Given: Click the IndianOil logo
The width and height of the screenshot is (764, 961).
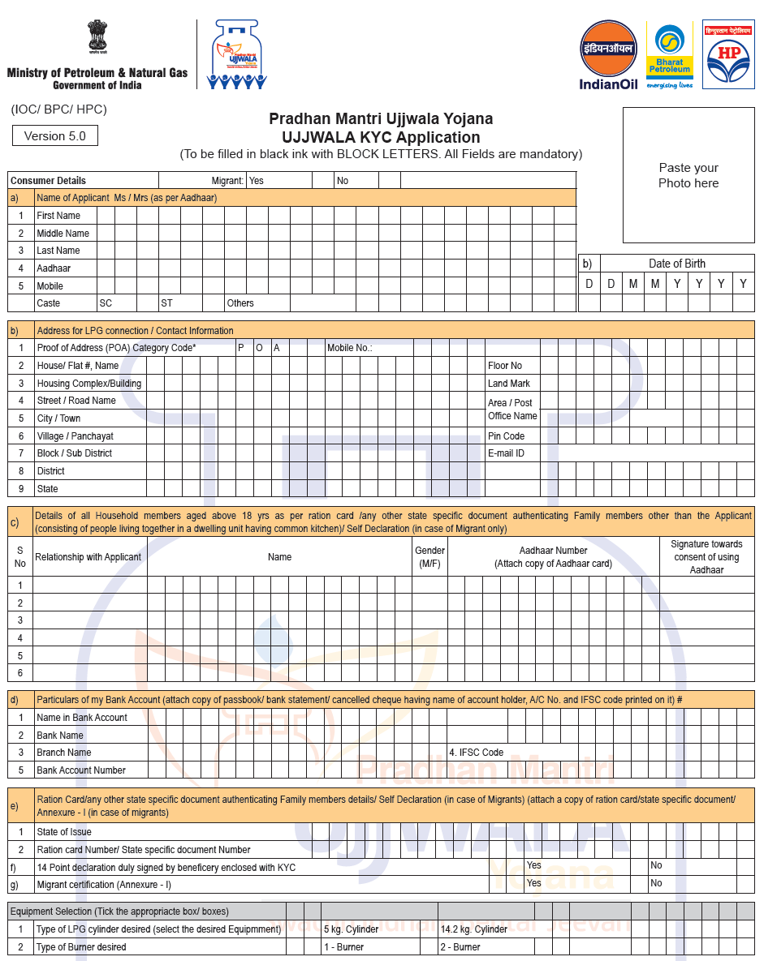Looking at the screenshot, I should point(609,54).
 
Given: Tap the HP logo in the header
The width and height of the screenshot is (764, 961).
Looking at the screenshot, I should point(728,54).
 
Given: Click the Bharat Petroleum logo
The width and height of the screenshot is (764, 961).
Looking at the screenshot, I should point(669,54).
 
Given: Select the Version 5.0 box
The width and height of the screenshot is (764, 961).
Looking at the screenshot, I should point(55,136).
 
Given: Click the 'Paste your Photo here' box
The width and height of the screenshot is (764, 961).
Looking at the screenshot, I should point(688,175).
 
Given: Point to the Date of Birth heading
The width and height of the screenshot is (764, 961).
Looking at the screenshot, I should point(676,264).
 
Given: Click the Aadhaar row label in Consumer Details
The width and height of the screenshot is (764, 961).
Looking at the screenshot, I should point(54,268).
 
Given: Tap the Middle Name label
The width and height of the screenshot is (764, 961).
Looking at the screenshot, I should point(63,234).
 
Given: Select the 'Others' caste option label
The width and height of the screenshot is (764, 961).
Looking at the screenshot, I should point(240,303).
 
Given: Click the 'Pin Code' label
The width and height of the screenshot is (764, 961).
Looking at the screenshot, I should point(506,436).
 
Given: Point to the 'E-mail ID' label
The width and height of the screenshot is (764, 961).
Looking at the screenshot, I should point(506,453).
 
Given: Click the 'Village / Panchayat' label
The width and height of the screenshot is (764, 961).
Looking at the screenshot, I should point(75,436).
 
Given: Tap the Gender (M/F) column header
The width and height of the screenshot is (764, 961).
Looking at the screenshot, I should point(429,556).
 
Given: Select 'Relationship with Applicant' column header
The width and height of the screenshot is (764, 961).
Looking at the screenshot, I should point(88,557).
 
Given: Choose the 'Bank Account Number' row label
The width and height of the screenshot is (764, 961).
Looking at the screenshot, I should point(81,770).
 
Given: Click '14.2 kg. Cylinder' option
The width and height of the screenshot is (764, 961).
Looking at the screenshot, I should point(473,929).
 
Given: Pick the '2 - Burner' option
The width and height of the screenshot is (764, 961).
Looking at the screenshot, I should point(460,947).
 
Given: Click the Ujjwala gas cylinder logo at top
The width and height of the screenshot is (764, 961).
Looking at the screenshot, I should point(236,54).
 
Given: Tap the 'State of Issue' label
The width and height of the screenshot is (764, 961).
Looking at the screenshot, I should point(64,832).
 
